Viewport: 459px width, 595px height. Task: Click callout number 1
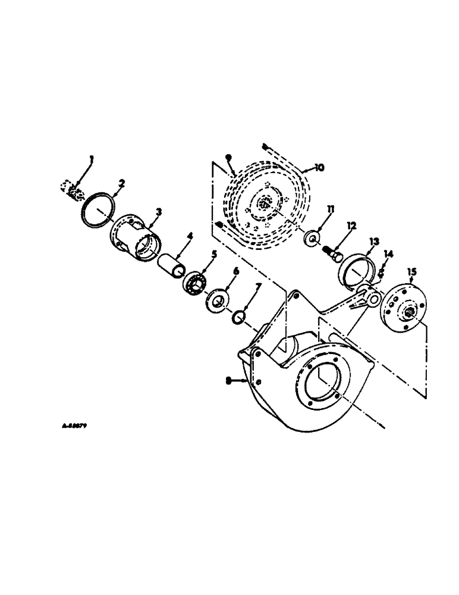(x=92, y=159)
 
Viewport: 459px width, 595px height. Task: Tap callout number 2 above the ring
(x=121, y=184)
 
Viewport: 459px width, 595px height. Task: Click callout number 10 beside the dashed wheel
(x=319, y=168)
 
